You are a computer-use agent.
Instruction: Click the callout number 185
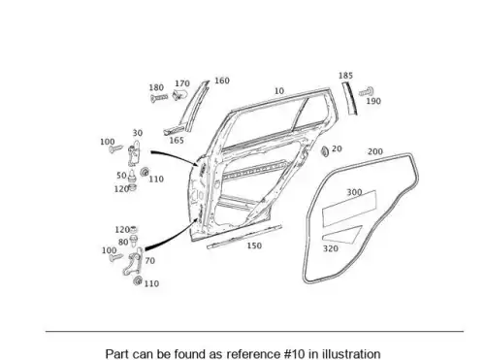pyautogui.click(x=345, y=76)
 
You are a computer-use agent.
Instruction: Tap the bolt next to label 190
pyautogui.click(x=367, y=92)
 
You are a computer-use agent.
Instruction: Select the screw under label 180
pyautogui.click(x=159, y=97)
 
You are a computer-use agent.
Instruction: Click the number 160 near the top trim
pyautogui.click(x=222, y=81)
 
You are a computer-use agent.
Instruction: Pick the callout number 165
pyautogui.click(x=177, y=141)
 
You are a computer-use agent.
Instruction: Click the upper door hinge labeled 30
pyautogui.click(x=135, y=153)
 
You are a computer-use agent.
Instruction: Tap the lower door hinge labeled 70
pyautogui.click(x=133, y=262)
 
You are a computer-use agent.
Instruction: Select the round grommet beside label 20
pyautogui.click(x=325, y=151)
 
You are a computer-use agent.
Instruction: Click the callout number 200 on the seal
pyautogui.click(x=375, y=151)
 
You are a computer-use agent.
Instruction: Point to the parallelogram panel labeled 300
pyautogui.click(x=349, y=209)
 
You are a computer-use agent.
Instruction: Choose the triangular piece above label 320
pyautogui.click(x=342, y=235)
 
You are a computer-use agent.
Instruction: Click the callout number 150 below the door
pyautogui.click(x=254, y=245)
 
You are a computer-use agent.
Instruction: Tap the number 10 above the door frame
pyautogui.click(x=279, y=91)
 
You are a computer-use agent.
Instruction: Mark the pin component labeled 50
pyautogui.click(x=132, y=176)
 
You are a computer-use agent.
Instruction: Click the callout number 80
pyautogui.click(x=123, y=242)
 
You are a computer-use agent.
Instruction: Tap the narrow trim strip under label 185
pyautogui.click(x=350, y=98)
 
